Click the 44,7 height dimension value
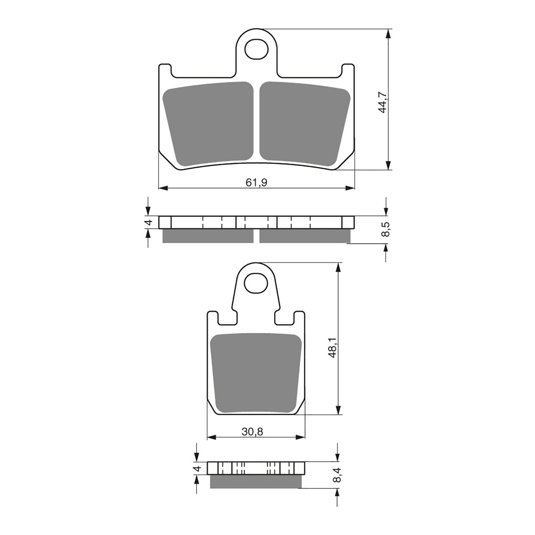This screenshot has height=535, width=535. [x=383, y=103]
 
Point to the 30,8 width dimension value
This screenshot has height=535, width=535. [x=252, y=432]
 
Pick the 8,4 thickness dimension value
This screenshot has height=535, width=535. [x=337, y=475]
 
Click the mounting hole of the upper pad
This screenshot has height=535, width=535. [x=256, y=49]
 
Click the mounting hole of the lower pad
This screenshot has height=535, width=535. [x=256, y=284]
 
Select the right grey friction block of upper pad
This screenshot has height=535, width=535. [x=304, y=124]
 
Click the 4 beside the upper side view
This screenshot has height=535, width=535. [x=150, y=222]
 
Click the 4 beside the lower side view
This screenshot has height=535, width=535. [x=198, y=468]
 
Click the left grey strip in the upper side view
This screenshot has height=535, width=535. [x=208, y=236]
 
